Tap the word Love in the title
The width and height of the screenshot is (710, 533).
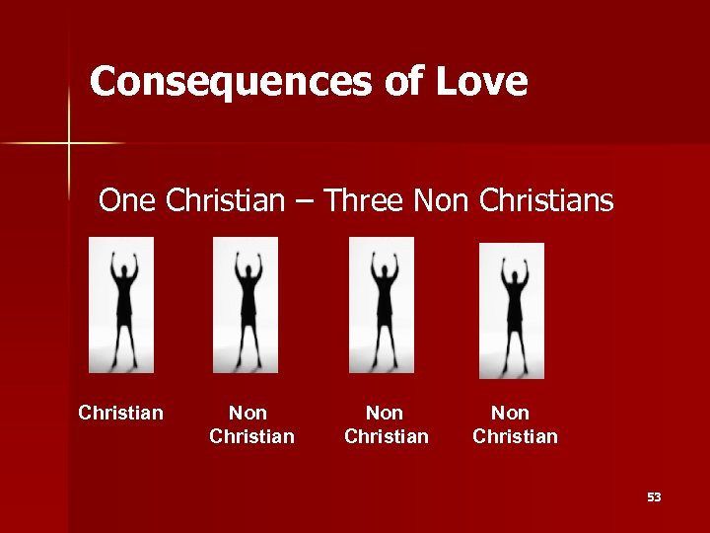480,81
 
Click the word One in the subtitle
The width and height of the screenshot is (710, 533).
129,201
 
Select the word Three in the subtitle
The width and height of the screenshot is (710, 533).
364,201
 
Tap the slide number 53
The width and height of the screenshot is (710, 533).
654,497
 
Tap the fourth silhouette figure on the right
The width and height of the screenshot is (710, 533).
511,310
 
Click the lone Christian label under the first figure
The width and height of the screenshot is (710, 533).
120,413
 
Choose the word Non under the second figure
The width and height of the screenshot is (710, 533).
248,413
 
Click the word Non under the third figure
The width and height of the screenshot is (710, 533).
385,413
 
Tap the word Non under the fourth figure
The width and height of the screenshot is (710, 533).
510,413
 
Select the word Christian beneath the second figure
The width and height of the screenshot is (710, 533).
251,436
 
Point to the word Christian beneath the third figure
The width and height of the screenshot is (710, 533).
387,436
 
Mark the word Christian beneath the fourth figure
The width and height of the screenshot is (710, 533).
515,436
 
